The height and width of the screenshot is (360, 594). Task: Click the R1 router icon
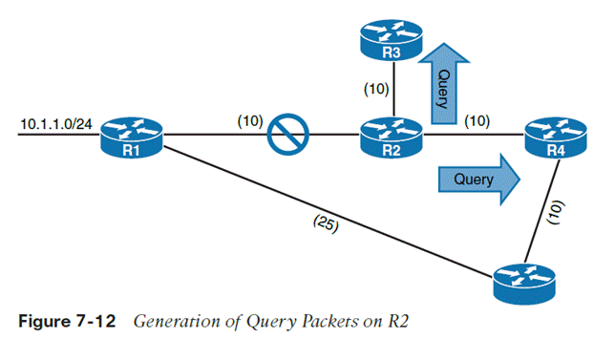pos(132,138)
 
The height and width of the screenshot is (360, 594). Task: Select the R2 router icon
pos(392,138)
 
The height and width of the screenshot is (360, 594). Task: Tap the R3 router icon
pos(392,40)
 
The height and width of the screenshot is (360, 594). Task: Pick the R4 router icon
pos(556,138)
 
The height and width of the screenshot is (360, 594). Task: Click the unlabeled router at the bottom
pos(524,285)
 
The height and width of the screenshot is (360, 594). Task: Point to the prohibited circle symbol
pos(287,134)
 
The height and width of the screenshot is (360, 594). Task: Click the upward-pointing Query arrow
pos(444,83)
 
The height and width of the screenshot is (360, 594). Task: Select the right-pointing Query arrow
pos(479,180)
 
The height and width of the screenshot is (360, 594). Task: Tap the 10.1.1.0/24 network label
pos(56,124)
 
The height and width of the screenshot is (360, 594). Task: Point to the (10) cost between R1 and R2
pos(250,121)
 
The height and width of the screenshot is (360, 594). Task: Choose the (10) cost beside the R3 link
pos(376,89)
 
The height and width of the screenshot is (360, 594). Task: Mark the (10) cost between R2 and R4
pos(477,121)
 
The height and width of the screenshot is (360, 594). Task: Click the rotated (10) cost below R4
pos(557,212)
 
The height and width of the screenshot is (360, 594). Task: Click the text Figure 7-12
pos(67,322)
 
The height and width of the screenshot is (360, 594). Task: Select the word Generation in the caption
pos(177,322)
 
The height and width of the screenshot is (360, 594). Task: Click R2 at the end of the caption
pos(398,322)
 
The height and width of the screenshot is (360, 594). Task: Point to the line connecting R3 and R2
pos(394,89)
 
